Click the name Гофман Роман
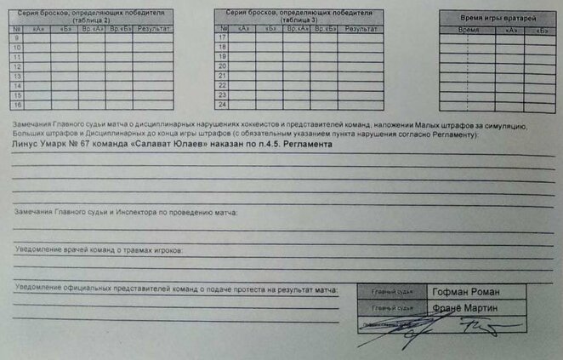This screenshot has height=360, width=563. click(x=463, y=290)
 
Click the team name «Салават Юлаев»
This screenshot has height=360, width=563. click(x=175, y=145)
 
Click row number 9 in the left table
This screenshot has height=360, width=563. click(x=17, y=38)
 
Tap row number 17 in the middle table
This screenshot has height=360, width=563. click(x=223, y=38)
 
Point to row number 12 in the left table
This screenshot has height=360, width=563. click(x=17, y=66)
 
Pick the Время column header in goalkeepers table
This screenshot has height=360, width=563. click(x=469, y=30)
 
